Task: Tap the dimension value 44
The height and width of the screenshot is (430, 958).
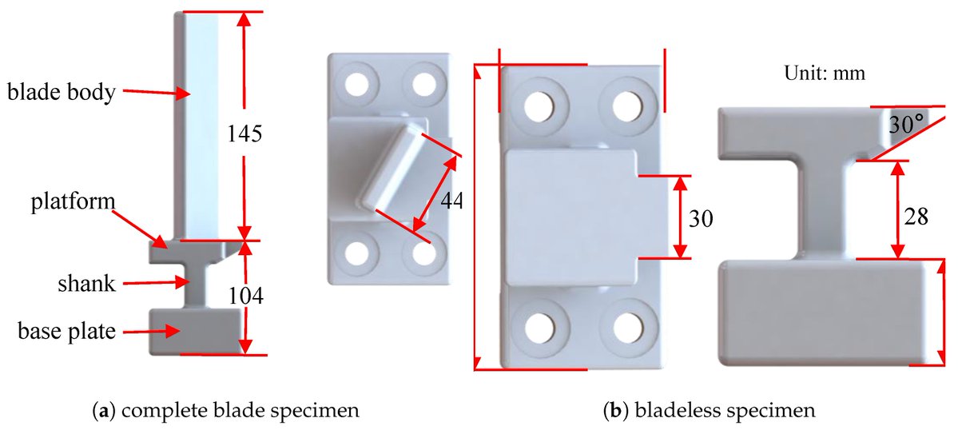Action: tap(451, 201)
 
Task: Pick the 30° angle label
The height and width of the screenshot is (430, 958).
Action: tap(906, 122)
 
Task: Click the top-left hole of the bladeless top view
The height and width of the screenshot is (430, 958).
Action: tap(541, 102)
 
